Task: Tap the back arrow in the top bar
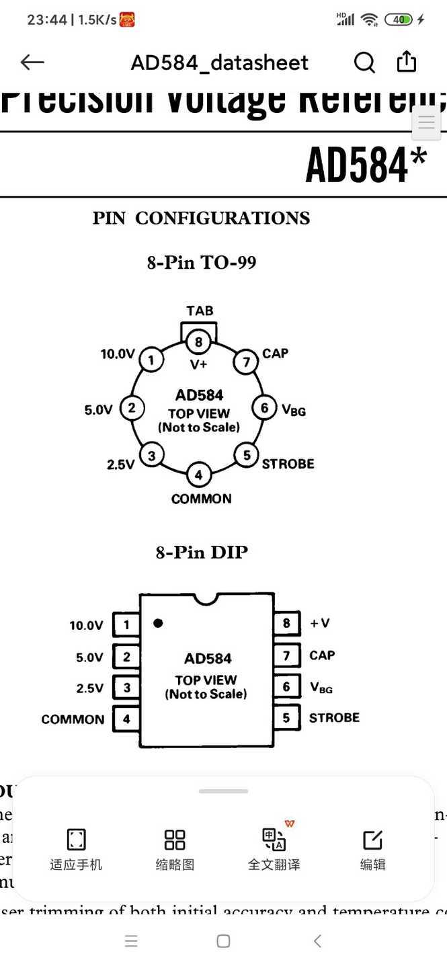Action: [x=32, y=63]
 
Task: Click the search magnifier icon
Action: [x=364, y=63]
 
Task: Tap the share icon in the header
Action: [x=407, y=62]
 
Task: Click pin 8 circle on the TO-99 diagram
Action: [x=198, y=342]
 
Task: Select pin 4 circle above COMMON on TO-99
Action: [x=198, y=475]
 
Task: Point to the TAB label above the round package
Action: [x=200, y=311]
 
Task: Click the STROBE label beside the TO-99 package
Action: [x=288, y=464]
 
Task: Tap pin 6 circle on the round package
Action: [x=264, y=407]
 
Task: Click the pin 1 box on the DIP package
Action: [x=126, y=625]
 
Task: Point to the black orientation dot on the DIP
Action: [x=158, y=623]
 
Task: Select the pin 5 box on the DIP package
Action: [x=286, y=718]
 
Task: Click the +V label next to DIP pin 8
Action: [x=319, y=623]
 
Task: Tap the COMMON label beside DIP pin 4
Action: [x=73, y=719]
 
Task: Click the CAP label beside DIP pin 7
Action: [x=322, y=655]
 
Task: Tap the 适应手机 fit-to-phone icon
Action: [x=76, y=840]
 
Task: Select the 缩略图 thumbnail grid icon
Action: [x=175, y=840]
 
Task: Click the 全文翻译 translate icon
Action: [x=274, y=840]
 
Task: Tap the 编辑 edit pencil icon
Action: [x=372, y=840]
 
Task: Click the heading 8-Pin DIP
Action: [x=202, y=553]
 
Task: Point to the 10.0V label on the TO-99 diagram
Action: [x=118, y=354]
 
